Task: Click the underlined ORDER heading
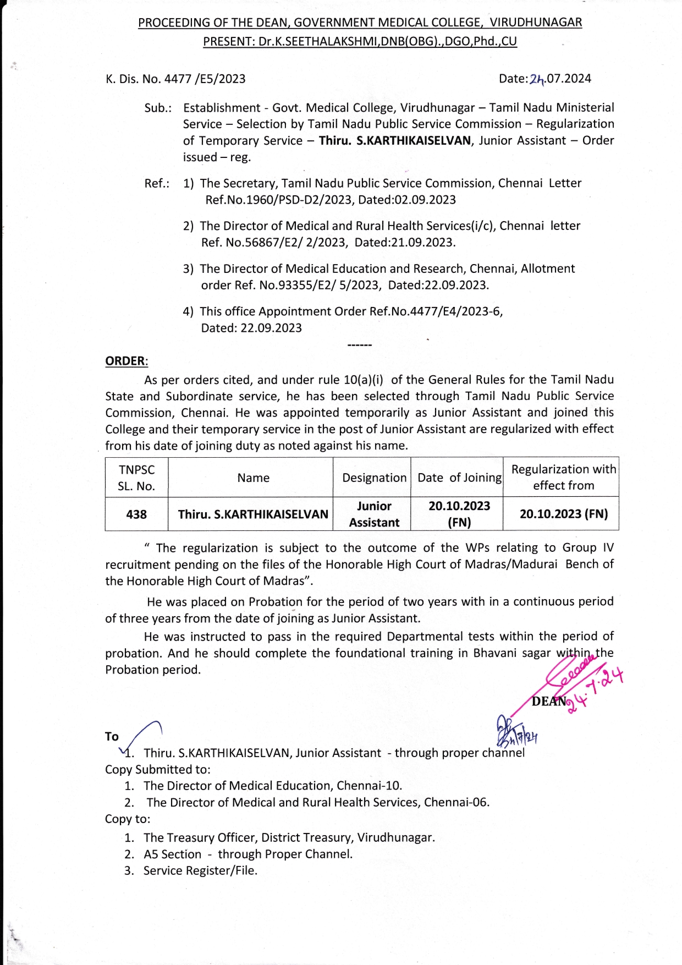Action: pyautogui.click(x=126, y=361)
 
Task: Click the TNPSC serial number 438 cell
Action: pyautogui.click(x=136, y=514)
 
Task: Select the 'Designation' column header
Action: pyautogui.click(x=374, y=478)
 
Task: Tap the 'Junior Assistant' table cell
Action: pyautogui.click(x=374, y=514)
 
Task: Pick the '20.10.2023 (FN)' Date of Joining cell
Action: pyautogui.click(x=459, y=514)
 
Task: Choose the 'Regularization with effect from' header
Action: pyautogui.click(x=563, y=477)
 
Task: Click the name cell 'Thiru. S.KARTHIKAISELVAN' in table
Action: pyautogui.click(x=253, y=514)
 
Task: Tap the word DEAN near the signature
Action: pyautogui.click(x=548, y=701)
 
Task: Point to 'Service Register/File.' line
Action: pyautogui.click(x=200, y=870)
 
